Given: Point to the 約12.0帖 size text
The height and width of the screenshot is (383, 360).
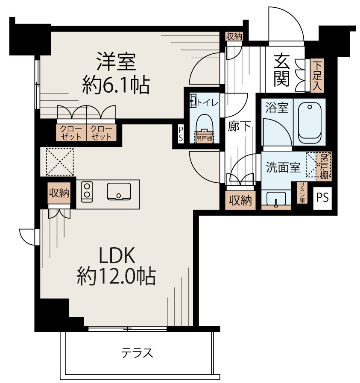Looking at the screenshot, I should tap(116, 278).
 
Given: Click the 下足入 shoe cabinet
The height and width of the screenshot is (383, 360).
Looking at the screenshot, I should tap(316, 75).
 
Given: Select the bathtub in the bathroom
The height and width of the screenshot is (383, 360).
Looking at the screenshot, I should tap(310, 123).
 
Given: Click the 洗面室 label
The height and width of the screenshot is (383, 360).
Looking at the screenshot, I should tap(284, 167).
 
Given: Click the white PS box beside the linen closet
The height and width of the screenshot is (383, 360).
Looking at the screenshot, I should tap(323, 198).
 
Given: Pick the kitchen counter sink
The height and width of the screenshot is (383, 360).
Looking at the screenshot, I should tap(119, 192).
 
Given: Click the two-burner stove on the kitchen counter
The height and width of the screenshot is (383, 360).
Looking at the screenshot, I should tap(87, 191).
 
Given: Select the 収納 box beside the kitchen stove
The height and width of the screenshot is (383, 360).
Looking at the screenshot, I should tap(58, 193).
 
